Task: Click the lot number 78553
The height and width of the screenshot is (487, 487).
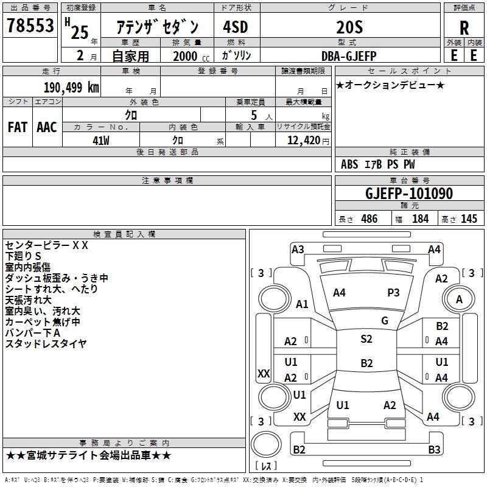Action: pyautogui.click(x=30, y=25)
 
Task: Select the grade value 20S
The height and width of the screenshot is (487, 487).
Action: pyautogui.click(x=349, y=27)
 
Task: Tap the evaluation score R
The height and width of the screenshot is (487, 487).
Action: pyautogui.click(x=464, y=28)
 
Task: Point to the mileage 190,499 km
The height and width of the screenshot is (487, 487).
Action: pyautogui.click(x=71, y=88)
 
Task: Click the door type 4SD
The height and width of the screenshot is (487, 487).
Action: pyautogui.click(x=236, y=27)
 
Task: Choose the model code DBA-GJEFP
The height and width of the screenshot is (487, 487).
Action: pyautogui.click(x=349, y=56)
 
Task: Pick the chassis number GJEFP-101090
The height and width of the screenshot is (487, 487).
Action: pyautogui.click(x=409, y=193)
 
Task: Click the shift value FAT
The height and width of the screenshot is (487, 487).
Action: pyautogui.click(x=18, y=127)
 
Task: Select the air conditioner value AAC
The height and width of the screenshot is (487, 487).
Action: pyautogui.click(x=47, y=127)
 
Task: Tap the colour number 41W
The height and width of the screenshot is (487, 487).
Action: pyautogui.click(x=101, y=141)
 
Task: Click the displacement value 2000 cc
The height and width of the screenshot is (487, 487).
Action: pyautogui.click(x=191, y=56)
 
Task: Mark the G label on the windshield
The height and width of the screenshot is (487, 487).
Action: pyautogui.click(x=385, y=321)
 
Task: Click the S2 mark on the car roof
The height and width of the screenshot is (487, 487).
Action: pyautogui.click(x=366, y=339)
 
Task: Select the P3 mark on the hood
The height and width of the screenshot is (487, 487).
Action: pyautogui.click(x=393, y=293)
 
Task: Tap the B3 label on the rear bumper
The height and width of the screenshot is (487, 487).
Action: pyautogui.click(x=434, y=449)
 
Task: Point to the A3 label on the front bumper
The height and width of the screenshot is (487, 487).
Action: pyautogui.click(x=298, y=250)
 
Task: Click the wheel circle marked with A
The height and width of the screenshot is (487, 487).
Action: pyautogui.click(x=459, y=299)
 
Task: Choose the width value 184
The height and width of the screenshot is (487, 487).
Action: pyautogui.click(x=420, y=219)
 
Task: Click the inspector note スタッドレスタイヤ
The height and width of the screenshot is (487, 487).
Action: pyautogui.click(x=46, y=344)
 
